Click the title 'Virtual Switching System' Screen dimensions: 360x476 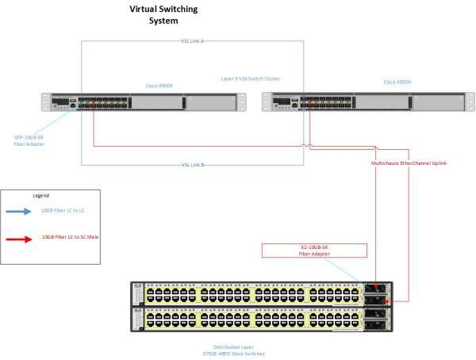coord(164,14)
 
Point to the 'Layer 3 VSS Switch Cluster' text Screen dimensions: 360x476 coord(250,79)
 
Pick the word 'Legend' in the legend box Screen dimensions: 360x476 coord(40,195)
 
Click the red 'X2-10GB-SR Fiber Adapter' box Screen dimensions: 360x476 coord(315,251)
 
